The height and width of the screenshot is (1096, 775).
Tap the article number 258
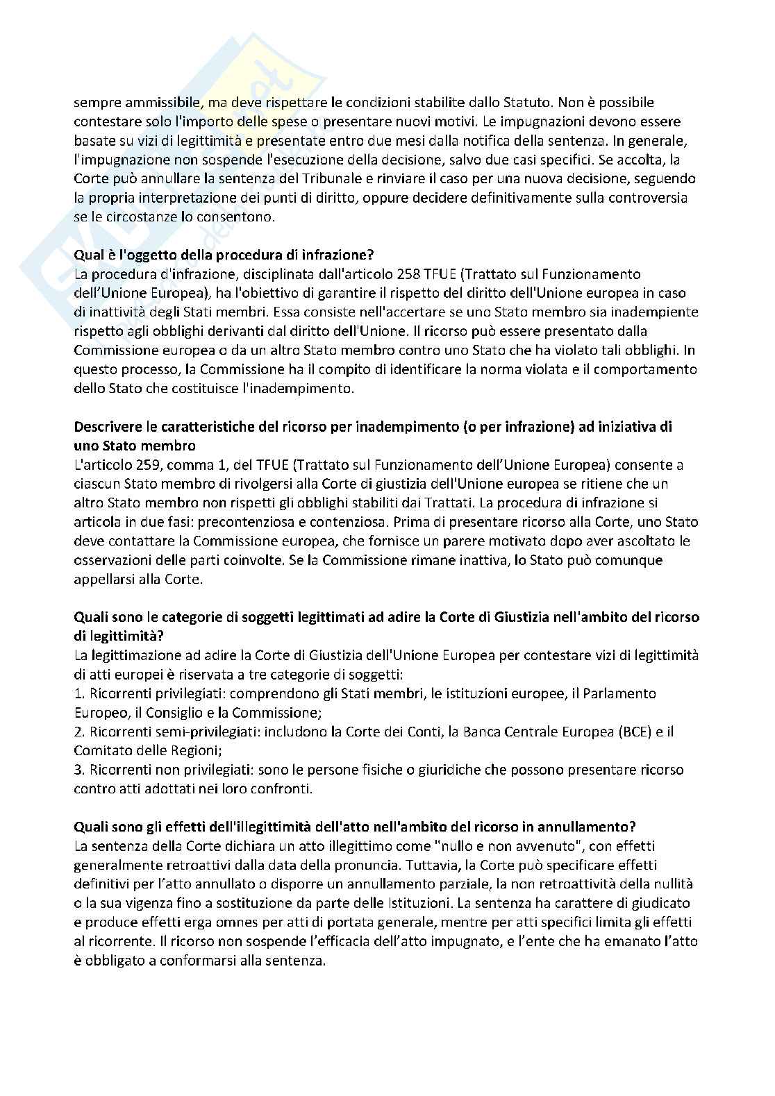(412, 274)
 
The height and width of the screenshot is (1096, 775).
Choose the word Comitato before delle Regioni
(101, 750)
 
